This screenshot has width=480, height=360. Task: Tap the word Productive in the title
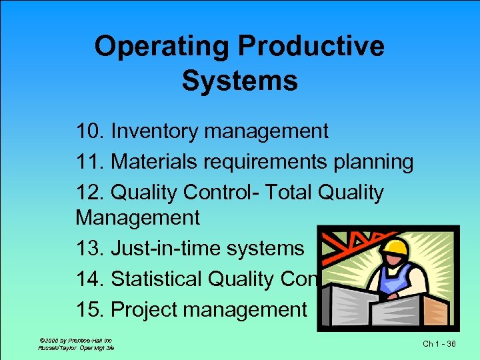coord(311,47)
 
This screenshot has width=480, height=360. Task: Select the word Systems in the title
coord(239,81)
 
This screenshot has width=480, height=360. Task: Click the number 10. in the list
coord(90,131)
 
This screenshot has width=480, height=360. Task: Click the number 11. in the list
coord(90,162)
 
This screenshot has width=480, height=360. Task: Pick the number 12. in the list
coord(90,193)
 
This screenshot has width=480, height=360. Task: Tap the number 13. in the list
coord(90,249)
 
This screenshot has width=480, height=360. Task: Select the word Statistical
coord(166,279)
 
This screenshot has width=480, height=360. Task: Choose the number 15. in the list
coord(90,310)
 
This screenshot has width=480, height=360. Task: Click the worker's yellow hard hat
coord(395,247)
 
